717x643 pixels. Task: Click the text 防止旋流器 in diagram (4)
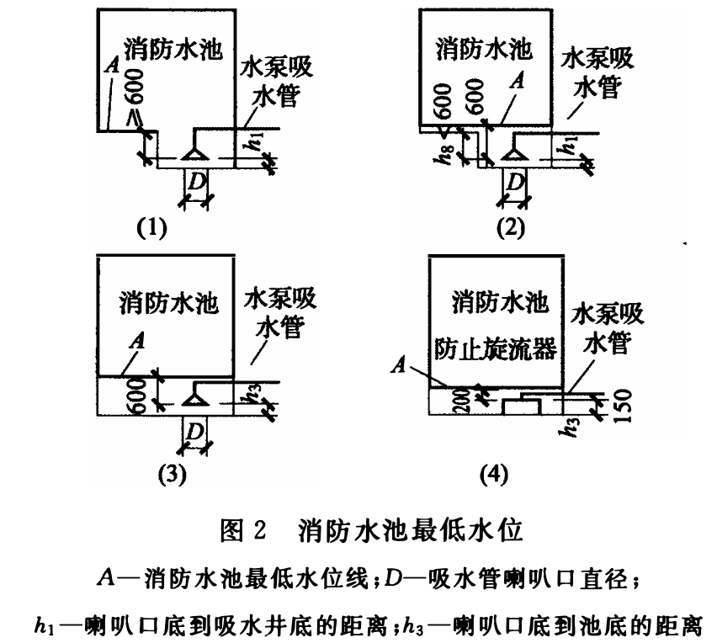click(497, 350)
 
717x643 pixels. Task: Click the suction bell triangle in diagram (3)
click(196, 391)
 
